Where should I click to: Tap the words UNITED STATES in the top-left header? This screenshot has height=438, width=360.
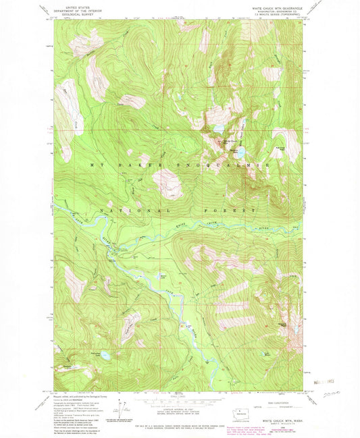(x=71, y=7)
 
